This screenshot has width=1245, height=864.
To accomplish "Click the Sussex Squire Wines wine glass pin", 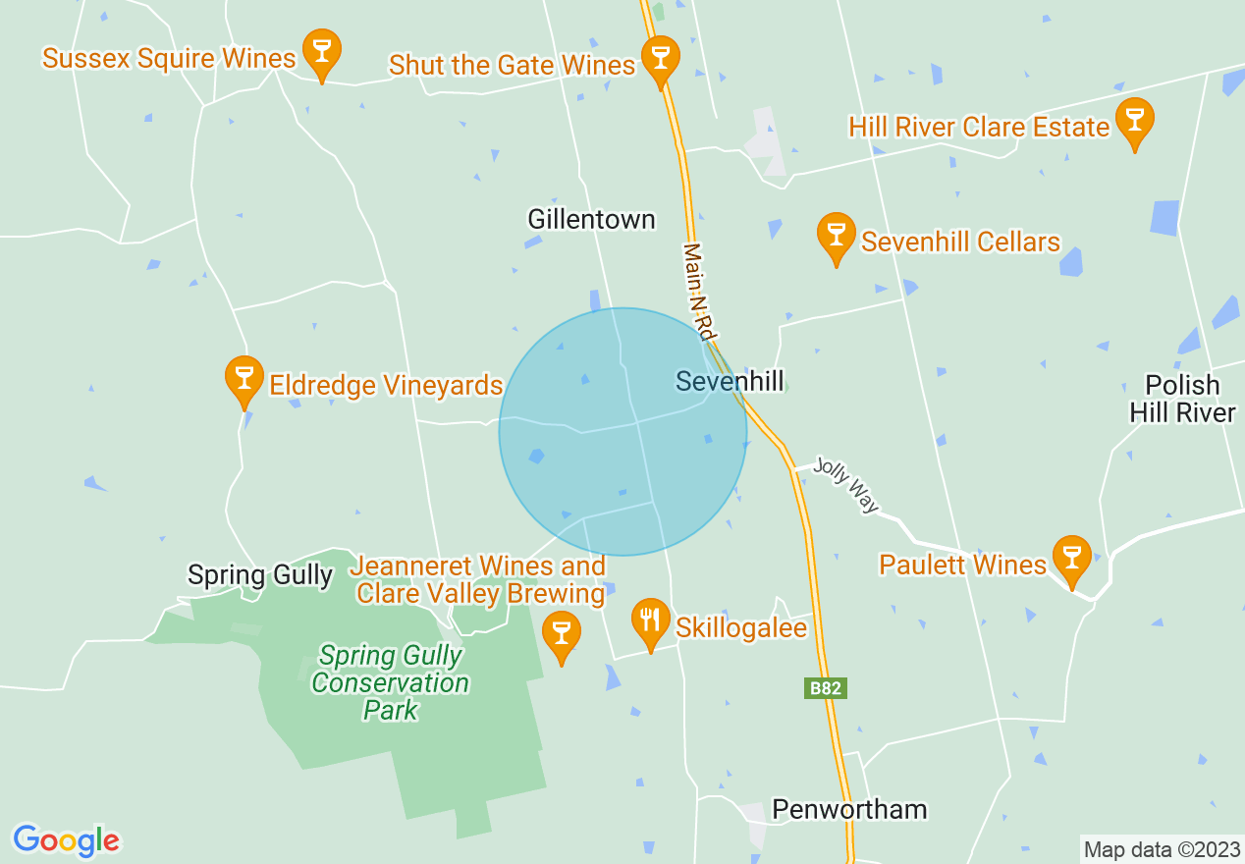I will (321, 52).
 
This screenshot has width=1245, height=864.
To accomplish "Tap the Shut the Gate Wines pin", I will (660, 59).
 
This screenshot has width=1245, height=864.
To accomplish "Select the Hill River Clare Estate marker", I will (1134, 121).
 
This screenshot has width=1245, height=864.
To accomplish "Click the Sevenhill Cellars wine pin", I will (836, 236).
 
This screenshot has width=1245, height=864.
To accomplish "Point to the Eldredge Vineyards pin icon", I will (244, 379).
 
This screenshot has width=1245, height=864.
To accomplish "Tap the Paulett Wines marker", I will (1071, 559).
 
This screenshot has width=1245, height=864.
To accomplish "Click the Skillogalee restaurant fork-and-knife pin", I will (649, 621).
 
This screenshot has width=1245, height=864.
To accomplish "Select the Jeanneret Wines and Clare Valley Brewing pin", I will (562, 633).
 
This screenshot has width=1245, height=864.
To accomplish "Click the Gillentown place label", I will (591, 219).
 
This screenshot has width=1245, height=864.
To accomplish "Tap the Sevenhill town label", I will (730, 382).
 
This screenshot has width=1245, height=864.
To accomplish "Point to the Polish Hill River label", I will (1181, 399).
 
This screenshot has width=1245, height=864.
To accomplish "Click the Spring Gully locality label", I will (260, 574).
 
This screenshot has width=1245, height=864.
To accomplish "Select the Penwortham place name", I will (849, 809).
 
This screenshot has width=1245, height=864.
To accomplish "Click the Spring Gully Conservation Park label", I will (391, 682).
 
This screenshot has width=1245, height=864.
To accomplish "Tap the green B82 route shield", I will (824, 688).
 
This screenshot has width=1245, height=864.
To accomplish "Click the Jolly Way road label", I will (845, 485).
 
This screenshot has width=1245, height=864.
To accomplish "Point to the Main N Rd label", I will (698, 291).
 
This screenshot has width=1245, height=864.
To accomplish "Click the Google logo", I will (66, 840).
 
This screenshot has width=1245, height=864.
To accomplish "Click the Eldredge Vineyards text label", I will (386, 386).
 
